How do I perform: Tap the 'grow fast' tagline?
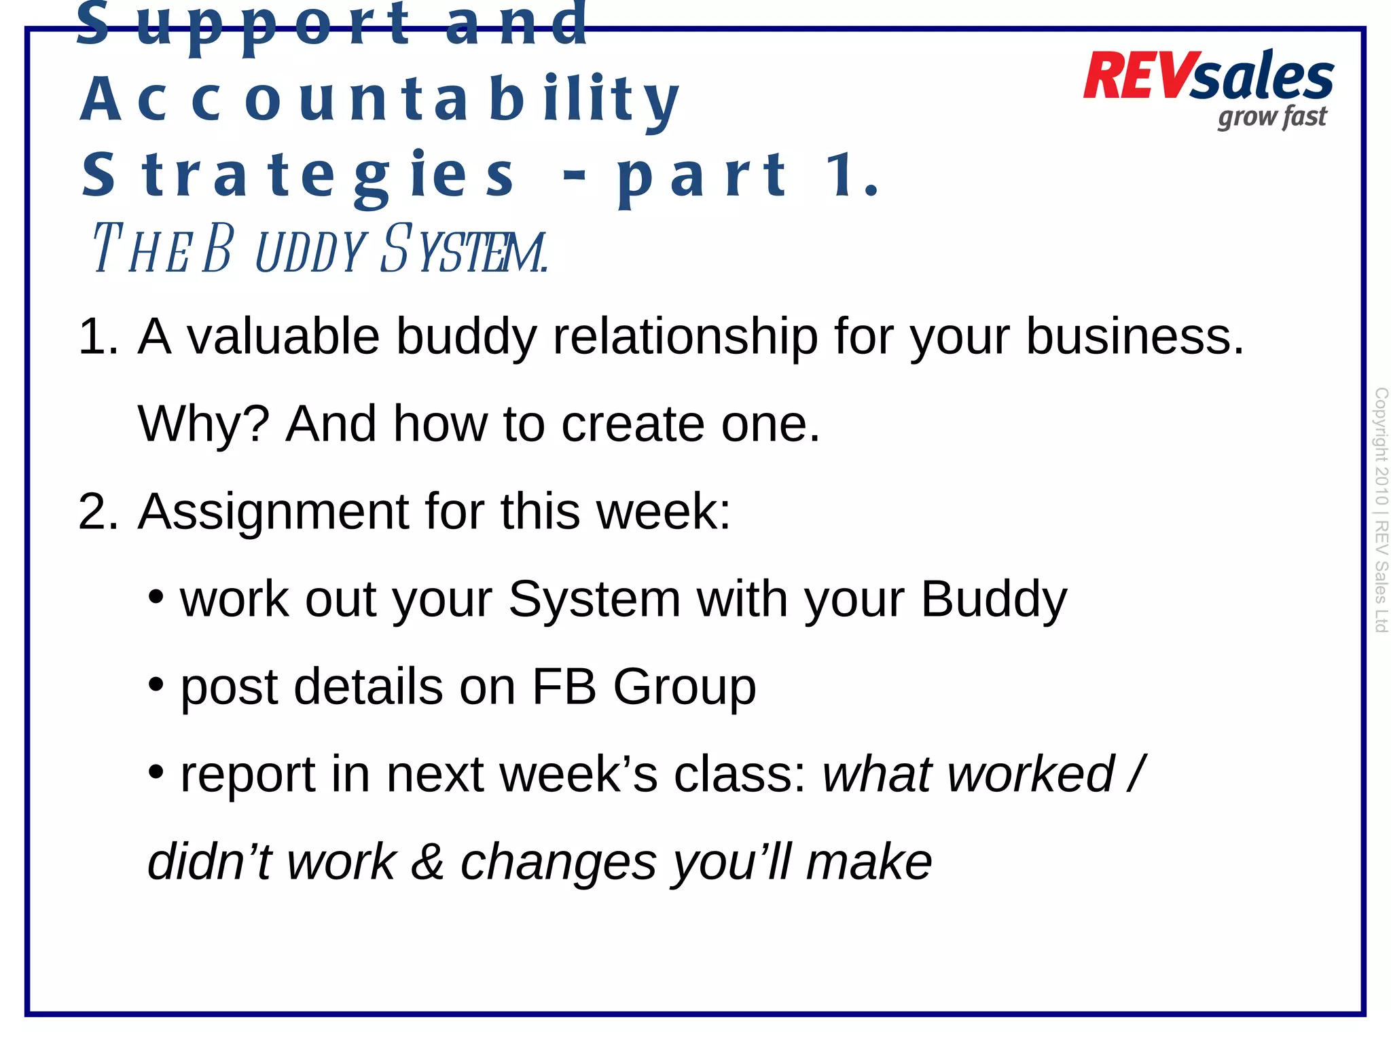click(x=1271, y=117)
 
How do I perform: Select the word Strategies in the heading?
click(x=299, y=176)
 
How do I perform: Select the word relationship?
click(x=685, y=337)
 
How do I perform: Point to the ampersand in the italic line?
click(x=428, y=862)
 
